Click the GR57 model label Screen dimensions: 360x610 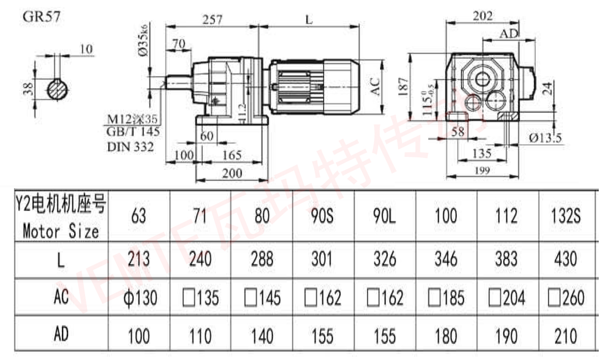click(41, 17)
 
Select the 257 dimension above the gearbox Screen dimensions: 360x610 click(212, 19)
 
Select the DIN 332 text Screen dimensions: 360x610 click(130, 147)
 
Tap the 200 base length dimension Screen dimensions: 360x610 click(231, 173)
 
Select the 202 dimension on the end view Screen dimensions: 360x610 click(482, 16)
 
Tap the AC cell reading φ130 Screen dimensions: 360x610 click(139, 297)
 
